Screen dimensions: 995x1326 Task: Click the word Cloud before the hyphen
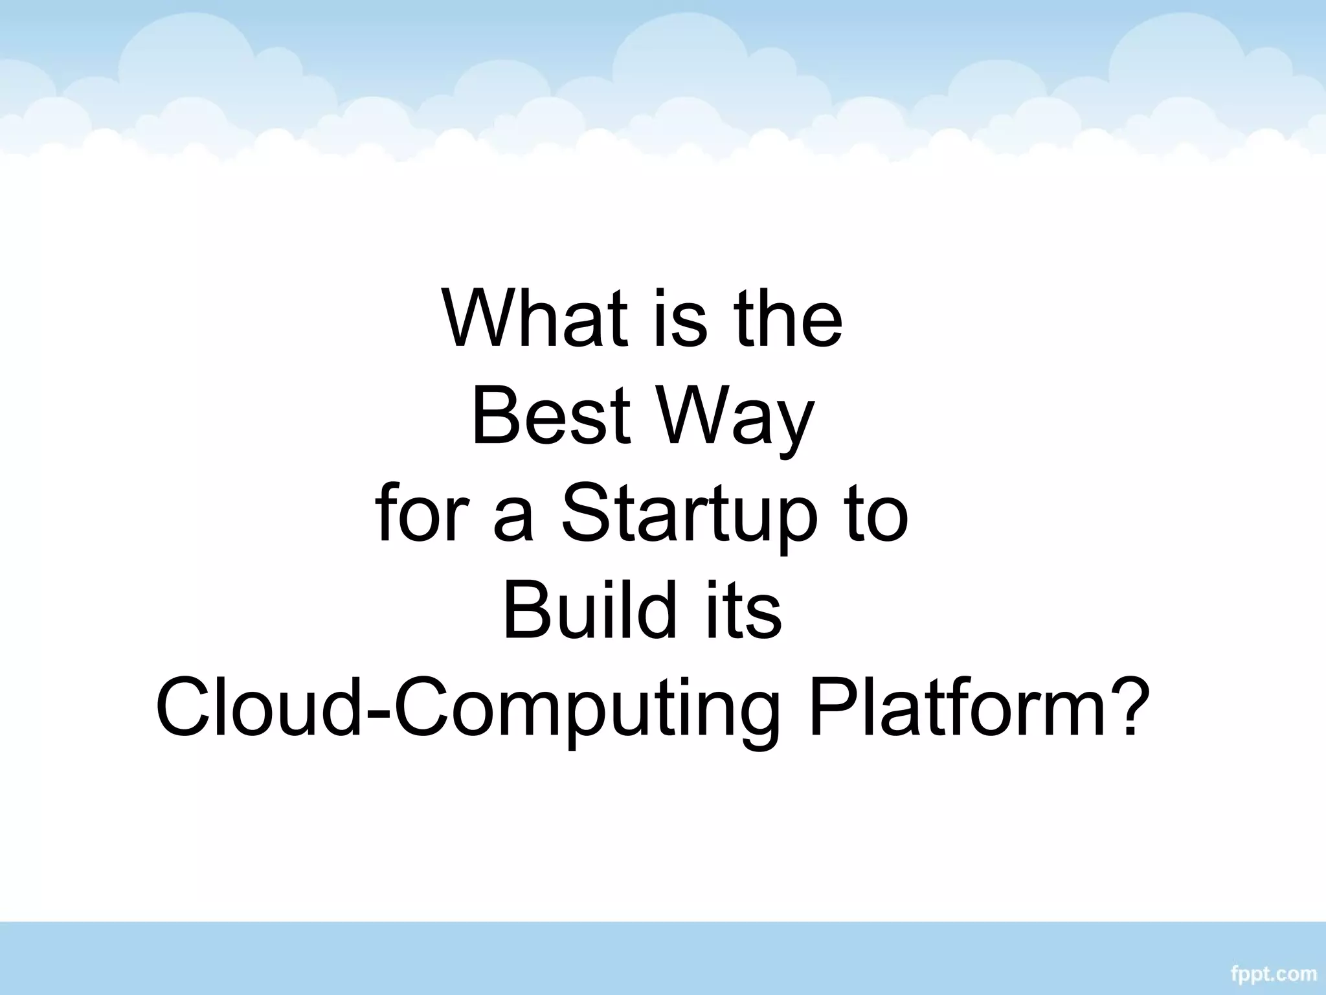coord(258,710)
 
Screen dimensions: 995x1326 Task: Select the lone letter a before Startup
coord(513,521)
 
